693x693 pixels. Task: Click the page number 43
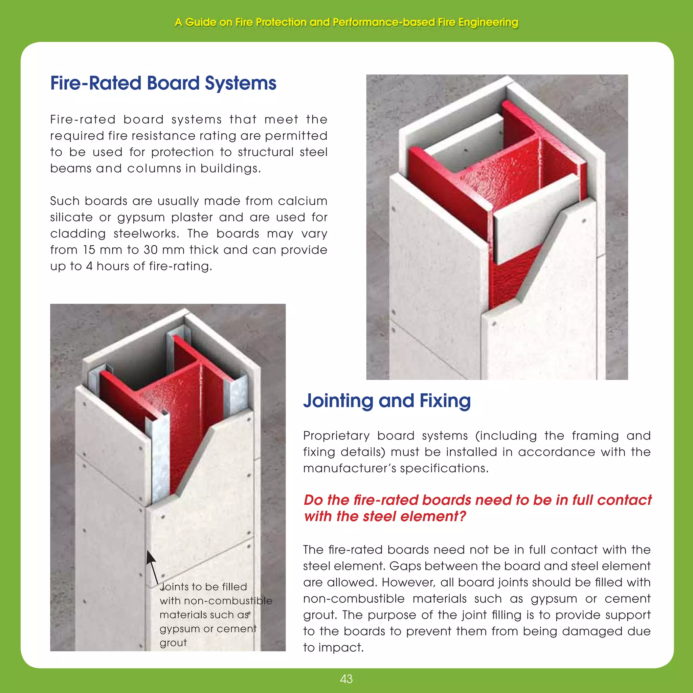point(346,679)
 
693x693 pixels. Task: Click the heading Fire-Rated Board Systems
point(163,83)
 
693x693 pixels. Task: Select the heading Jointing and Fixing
point(387,401)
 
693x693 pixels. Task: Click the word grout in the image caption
point(173,643)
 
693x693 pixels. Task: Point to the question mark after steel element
point(462,516)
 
